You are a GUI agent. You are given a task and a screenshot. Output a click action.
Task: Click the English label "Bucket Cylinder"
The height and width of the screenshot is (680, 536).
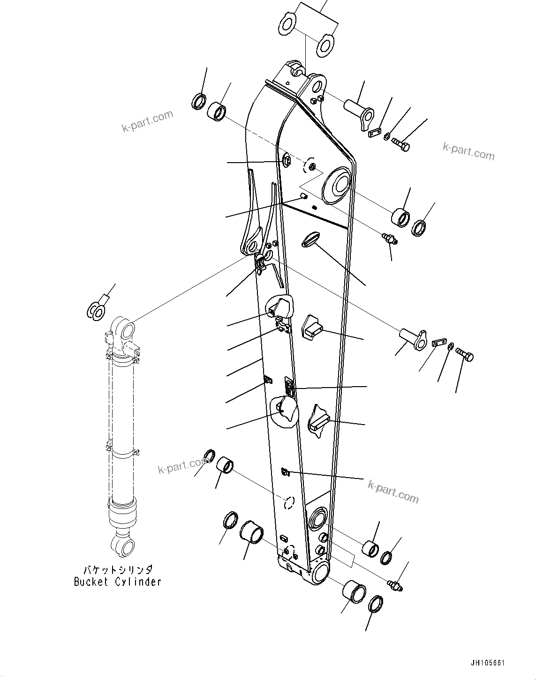(x=118, y=582)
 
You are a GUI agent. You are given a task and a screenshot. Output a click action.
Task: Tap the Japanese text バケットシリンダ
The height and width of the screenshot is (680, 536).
(x=118, y=570)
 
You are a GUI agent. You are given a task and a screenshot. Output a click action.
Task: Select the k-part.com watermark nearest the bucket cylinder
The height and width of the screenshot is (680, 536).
(x=183, y=466)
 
